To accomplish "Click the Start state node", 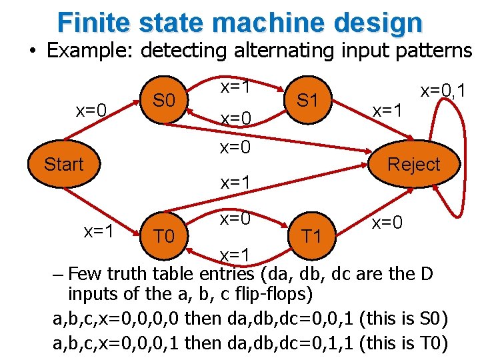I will coord(63,164).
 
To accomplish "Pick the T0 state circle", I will coord(164,235).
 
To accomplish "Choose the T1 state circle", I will coord(311,235).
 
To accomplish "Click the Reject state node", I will coord(413,165).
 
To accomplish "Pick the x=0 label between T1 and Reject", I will coord(387,222).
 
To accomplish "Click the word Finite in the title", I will coord(96,22).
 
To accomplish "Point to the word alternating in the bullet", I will coord(232,51).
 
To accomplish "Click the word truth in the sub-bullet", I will coord(127,274).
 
